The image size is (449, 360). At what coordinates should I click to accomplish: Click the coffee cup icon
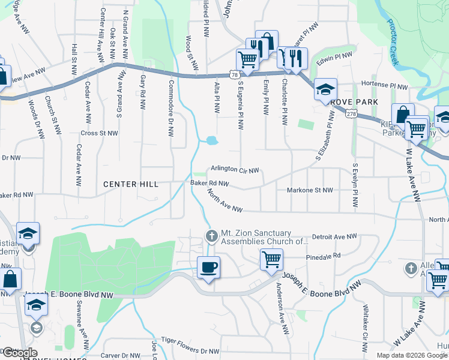click(x=208, y=267)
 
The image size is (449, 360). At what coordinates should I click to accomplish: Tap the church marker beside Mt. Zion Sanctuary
click(x=211, y=236)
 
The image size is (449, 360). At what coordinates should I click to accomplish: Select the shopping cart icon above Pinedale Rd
click(x=271, y=260)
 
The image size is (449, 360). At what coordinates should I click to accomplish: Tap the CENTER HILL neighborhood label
click(x=130, y=184)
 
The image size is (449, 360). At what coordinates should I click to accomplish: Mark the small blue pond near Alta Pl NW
click(x=211, y=141)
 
